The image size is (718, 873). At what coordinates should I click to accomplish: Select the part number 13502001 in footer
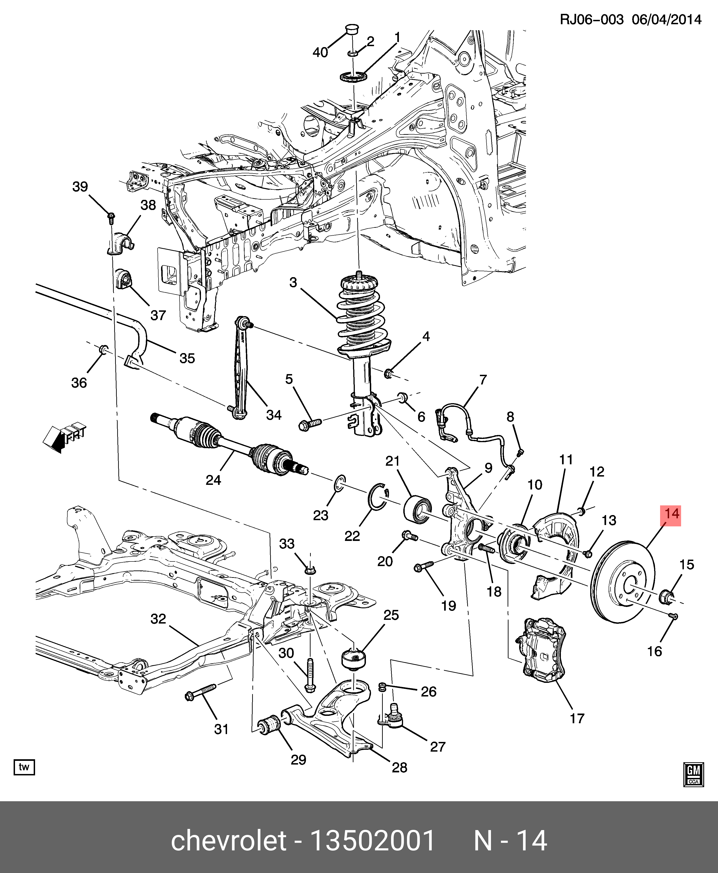(x=372, y=841)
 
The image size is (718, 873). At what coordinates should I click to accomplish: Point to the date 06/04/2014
(x=667, y=19)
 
